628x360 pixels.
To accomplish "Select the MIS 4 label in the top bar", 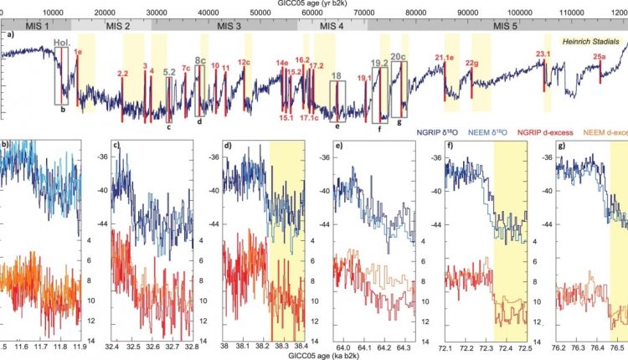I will coord(329,26).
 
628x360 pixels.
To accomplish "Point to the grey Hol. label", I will coord(61,41).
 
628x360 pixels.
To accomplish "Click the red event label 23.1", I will coord(543,54).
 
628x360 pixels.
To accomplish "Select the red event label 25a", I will coord(600,57).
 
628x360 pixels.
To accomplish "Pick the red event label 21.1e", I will coord(444,57).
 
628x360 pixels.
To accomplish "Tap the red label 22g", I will coord(471,63).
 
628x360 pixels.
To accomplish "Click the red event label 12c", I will coord(244,62).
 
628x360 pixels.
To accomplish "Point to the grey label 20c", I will coord(399,57).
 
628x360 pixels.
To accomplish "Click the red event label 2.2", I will coord(123,75).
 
